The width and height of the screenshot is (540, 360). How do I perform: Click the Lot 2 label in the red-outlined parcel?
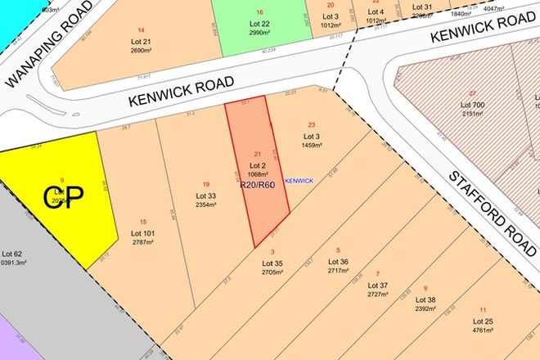tap(258, 165)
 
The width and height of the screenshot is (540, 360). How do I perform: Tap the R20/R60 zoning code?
tap(258, 185)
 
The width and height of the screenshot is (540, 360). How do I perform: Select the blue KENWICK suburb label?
tap(299, 180)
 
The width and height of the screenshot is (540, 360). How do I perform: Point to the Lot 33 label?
tap(206, 196)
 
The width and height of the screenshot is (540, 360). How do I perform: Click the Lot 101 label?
tap(143, 233)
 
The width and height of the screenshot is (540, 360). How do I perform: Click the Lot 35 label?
tap(272, 263)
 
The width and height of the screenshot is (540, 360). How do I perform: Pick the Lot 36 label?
tap(338, 262)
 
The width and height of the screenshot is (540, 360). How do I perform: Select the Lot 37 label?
tap(378, 286)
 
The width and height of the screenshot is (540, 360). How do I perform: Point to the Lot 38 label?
tap(426, 299)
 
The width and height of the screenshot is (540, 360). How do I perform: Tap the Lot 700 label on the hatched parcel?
tap(473, 106)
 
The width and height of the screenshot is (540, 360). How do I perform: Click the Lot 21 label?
tap(141, 41)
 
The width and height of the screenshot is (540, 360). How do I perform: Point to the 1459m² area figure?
tap(312, 145)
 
